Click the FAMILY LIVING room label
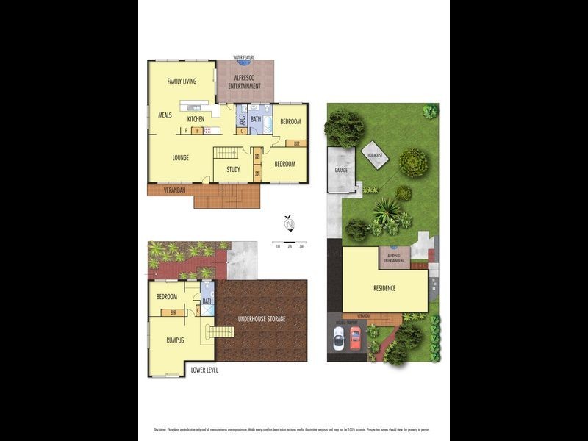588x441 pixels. pos(182,81)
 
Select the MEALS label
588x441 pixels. pos(165,115)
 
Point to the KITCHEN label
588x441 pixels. pos(196,119)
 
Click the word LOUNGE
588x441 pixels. pos(182,157)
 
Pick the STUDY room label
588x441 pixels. pos(233,170)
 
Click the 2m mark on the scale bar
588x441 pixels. pos(290,247)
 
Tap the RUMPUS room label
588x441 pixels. pos(174,340)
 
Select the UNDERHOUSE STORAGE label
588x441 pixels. pos(261,319)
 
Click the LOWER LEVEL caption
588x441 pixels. pos(204,370)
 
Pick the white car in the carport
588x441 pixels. pos(339,338)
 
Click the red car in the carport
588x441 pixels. pos(354,338)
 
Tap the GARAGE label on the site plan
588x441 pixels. pos(341,170)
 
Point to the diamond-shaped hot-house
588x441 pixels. pos(376,156)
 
